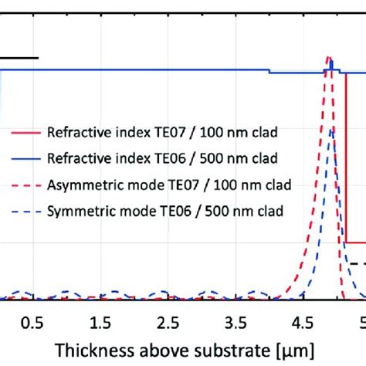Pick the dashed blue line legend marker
[22, 210]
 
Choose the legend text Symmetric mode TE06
[116, 210]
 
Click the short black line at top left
[19, 57]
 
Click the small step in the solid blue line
[269, 72]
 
